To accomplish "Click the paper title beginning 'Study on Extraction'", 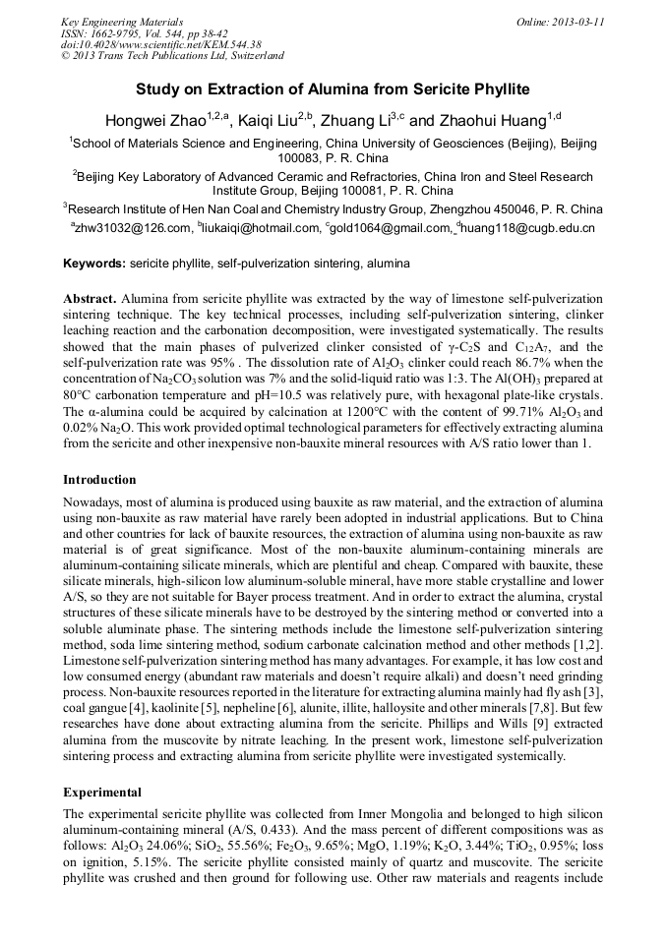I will click(333, 89).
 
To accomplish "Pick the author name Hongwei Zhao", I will click(157, 121).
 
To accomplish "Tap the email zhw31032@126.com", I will click(132, 228).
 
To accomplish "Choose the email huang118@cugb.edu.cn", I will click(527, 228).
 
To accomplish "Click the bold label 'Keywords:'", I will click(94, 265).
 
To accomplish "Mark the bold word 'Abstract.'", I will click(91, 298).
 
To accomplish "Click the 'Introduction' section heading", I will click(99, 480).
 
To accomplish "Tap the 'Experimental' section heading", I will click(102, 792).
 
